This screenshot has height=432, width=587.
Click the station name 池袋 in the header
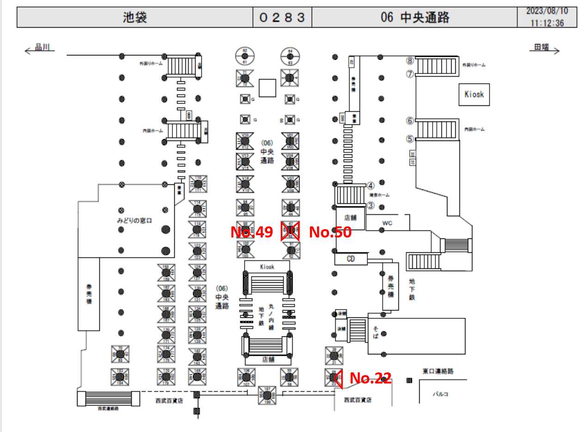tap(135, 18)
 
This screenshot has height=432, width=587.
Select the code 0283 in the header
tap(282, 18)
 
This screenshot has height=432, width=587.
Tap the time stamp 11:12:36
tap(547, 23)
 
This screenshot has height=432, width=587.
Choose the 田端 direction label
tap(542, 47)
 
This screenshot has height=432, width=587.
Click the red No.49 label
tap(251, 232)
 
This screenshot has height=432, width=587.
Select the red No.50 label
tap(330, 232)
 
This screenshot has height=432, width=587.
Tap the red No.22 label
tap(370, 378)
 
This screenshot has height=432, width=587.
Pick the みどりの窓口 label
tap(134, 220)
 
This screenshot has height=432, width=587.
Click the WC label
tap(387, 223)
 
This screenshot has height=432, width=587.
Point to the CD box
tap(351, 259)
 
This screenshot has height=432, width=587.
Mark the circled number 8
tap(410, 61)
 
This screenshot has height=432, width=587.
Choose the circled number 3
tap(370, 205)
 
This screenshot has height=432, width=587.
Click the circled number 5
tap(410, 138)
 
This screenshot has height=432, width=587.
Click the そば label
tap(375, 332)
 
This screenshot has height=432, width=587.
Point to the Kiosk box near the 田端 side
tap(474, 94)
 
